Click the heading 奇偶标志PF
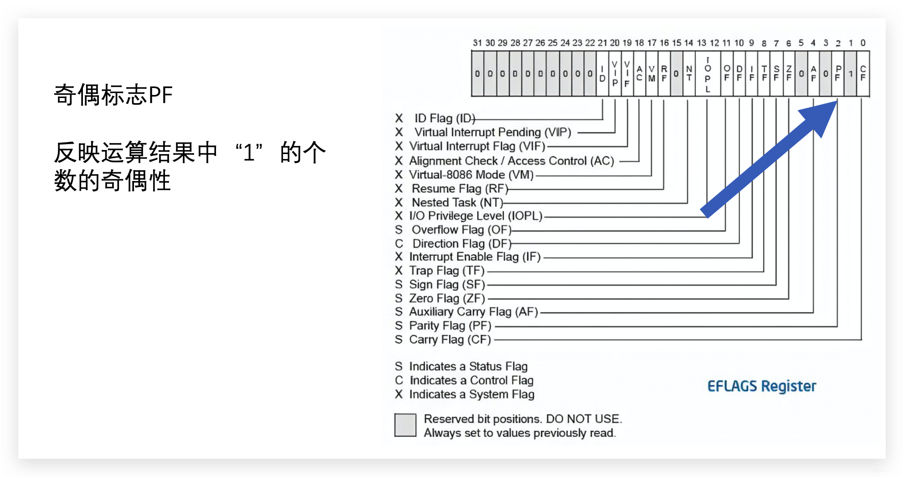(x=113, y=95)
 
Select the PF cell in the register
(x=837, y=73)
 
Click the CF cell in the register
(x=863, y=73)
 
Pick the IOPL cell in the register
(x=708, y=74)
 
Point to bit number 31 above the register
(x=477, y=43)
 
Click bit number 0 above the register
(x=863, y=43)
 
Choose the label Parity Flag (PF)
(x=450, y=326)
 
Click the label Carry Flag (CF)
(x=450, y=340)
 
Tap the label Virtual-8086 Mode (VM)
(x=471, y=175)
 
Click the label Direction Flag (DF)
(x=462, y=244)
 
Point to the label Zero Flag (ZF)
(x=447, y=299)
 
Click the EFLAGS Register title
(x=761, y=386)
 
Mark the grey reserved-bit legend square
(x=405, y=425)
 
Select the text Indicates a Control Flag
(x=471, y=380)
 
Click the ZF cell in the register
(x=789, y=73)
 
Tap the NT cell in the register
(x=689, y=73)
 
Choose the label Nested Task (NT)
(x=457, y=202)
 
